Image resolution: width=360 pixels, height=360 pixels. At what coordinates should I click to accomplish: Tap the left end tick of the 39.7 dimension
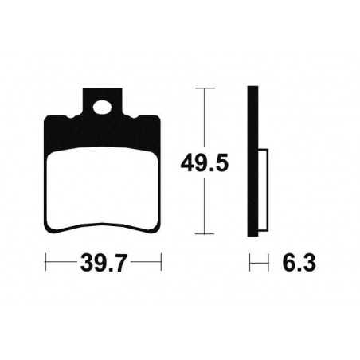pos(46,260)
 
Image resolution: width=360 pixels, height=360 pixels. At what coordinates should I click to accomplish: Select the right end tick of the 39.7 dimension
pos(161,260)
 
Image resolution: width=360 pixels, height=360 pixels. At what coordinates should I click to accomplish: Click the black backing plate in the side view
pos(252,159)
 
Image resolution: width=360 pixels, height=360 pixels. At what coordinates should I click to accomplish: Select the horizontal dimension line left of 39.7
pos(62,260)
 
